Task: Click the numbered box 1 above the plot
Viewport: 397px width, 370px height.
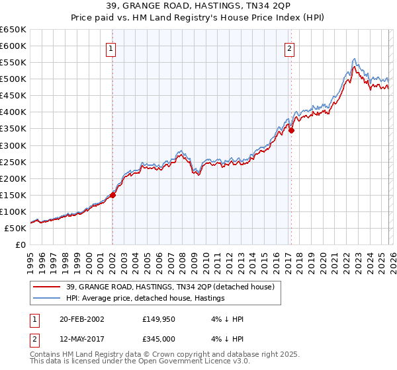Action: click(111, 48)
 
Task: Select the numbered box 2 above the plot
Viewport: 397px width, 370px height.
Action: click(290, 48)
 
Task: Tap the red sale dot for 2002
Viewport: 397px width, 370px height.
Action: click(113, 195)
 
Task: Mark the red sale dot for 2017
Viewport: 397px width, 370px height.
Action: click(291, 130)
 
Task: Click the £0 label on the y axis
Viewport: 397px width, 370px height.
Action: click(20, 244)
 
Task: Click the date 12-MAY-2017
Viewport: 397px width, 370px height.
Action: click(80, 339)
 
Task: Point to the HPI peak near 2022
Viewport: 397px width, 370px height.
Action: click(355, 59)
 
